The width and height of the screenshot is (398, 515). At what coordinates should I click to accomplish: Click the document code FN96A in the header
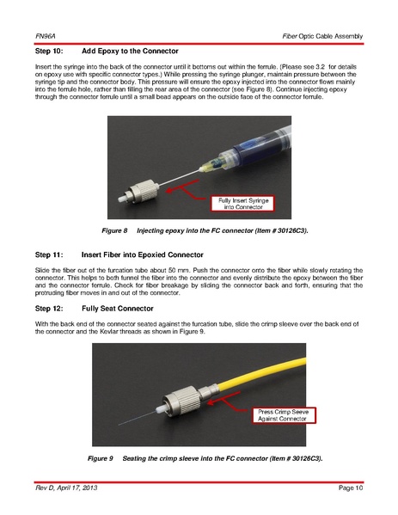pos(46,36)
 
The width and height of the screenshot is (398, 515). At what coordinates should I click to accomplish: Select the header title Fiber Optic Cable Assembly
pos(322,36)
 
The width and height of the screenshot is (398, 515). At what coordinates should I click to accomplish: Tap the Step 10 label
pos(49,52)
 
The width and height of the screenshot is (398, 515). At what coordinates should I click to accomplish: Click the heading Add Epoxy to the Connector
pos(130,52)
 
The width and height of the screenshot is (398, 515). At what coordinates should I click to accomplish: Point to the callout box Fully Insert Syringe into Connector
pos(243,204)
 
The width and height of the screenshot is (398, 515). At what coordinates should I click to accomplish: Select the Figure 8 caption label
pos(114,231)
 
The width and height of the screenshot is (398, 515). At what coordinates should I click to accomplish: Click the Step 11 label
pos(49,254)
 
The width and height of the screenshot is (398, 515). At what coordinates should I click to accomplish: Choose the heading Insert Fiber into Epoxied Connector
pos(143,254)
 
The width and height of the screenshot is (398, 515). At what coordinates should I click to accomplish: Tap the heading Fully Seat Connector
pos(118,309)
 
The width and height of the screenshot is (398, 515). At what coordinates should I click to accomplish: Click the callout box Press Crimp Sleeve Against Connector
pos(283,415)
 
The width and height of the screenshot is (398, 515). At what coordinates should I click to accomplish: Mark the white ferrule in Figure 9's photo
pos(161,410)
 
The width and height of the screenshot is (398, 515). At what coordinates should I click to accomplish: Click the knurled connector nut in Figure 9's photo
pos(182,400)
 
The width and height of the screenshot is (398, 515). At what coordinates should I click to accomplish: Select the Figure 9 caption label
pos(101,458)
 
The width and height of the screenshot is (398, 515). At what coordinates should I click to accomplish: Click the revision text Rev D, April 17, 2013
pos(66,487)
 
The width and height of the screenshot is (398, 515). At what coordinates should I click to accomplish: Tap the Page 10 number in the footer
pos(351,487)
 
